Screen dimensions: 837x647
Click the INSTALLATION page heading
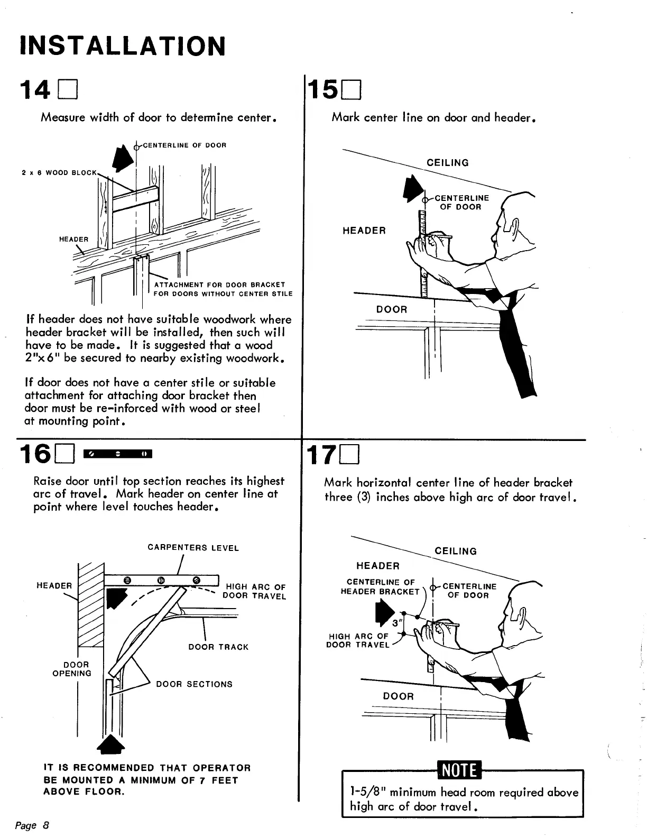[122, 46]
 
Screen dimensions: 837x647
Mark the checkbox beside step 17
[350, 454]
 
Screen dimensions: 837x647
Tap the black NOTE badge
[458, 770]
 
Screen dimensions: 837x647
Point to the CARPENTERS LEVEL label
[193, 548]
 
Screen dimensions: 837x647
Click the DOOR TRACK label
[218, 647]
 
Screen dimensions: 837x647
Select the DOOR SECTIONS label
[194, 684]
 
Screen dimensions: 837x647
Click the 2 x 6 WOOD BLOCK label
[60, 172]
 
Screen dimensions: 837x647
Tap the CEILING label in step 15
[448, 163]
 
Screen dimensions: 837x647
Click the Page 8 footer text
[32, 825]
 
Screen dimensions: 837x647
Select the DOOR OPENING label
[72, 669]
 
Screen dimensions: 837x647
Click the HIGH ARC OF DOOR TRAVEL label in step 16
[255, 591]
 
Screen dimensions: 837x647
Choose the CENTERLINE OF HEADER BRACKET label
[380, 587]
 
